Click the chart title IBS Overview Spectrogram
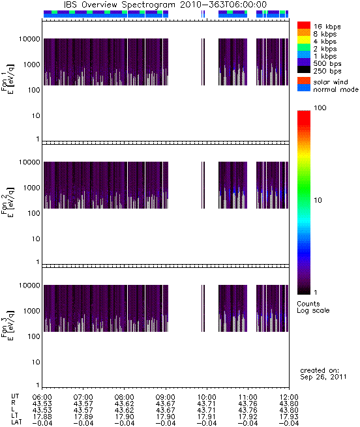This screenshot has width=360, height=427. pos(119,5)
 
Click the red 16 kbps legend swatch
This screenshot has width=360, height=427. pos(304,25)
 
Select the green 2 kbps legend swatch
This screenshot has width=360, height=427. pos(304,48)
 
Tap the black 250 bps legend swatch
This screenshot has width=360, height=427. pos(304,70)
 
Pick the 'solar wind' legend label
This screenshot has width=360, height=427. pos(331,82)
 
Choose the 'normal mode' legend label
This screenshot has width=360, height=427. pos(336,89)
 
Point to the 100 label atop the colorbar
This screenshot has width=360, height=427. pos(320,108)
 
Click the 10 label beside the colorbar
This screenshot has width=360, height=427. pos(318,200)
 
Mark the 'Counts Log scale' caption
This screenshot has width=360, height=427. pos(313,307)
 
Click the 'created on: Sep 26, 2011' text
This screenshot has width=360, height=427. pos(323,374)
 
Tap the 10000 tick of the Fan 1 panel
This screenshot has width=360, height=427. pos(29,39)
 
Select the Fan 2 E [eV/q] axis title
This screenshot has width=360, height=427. pos(8,201)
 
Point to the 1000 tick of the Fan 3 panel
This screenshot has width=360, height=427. pos(31,311)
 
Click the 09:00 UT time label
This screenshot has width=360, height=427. pos(166,397)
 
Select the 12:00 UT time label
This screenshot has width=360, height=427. pos(289,397)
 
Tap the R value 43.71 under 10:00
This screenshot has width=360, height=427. pos(207,404)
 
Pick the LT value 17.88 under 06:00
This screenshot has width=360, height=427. pos(42,417)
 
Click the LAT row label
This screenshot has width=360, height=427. pos(16,422)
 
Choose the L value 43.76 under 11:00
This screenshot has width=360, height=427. pos(248,410)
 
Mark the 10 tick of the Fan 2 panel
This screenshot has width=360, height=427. pos(36,239)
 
